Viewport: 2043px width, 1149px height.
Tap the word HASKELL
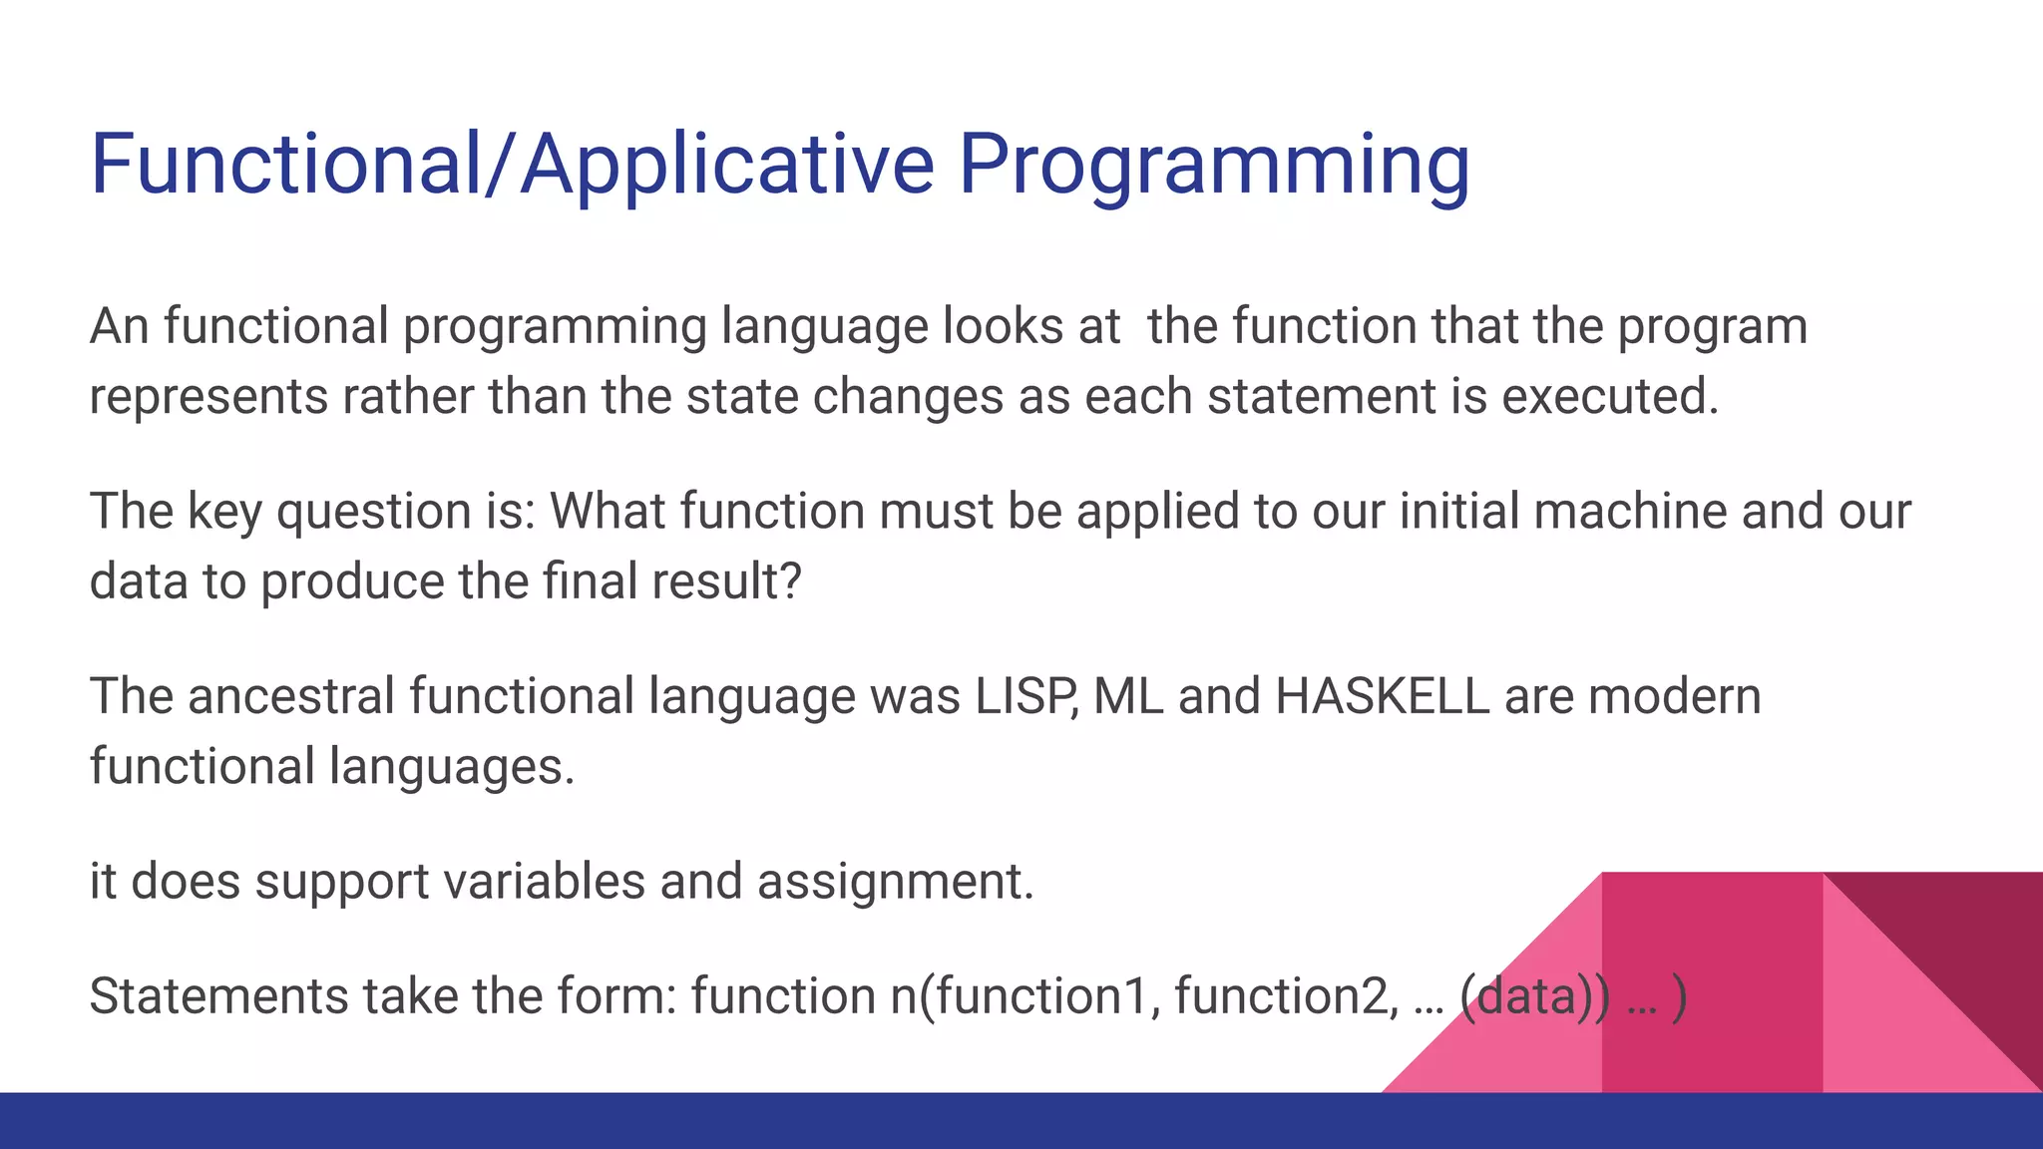point(1382,696)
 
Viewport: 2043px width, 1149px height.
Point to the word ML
point(1128,696)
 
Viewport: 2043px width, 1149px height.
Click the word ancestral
point(291,696)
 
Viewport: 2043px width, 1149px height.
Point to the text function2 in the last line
point(1287,996)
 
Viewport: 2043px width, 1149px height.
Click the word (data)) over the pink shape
point(1533,996)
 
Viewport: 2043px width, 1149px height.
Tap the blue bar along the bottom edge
point(1021,1121)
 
